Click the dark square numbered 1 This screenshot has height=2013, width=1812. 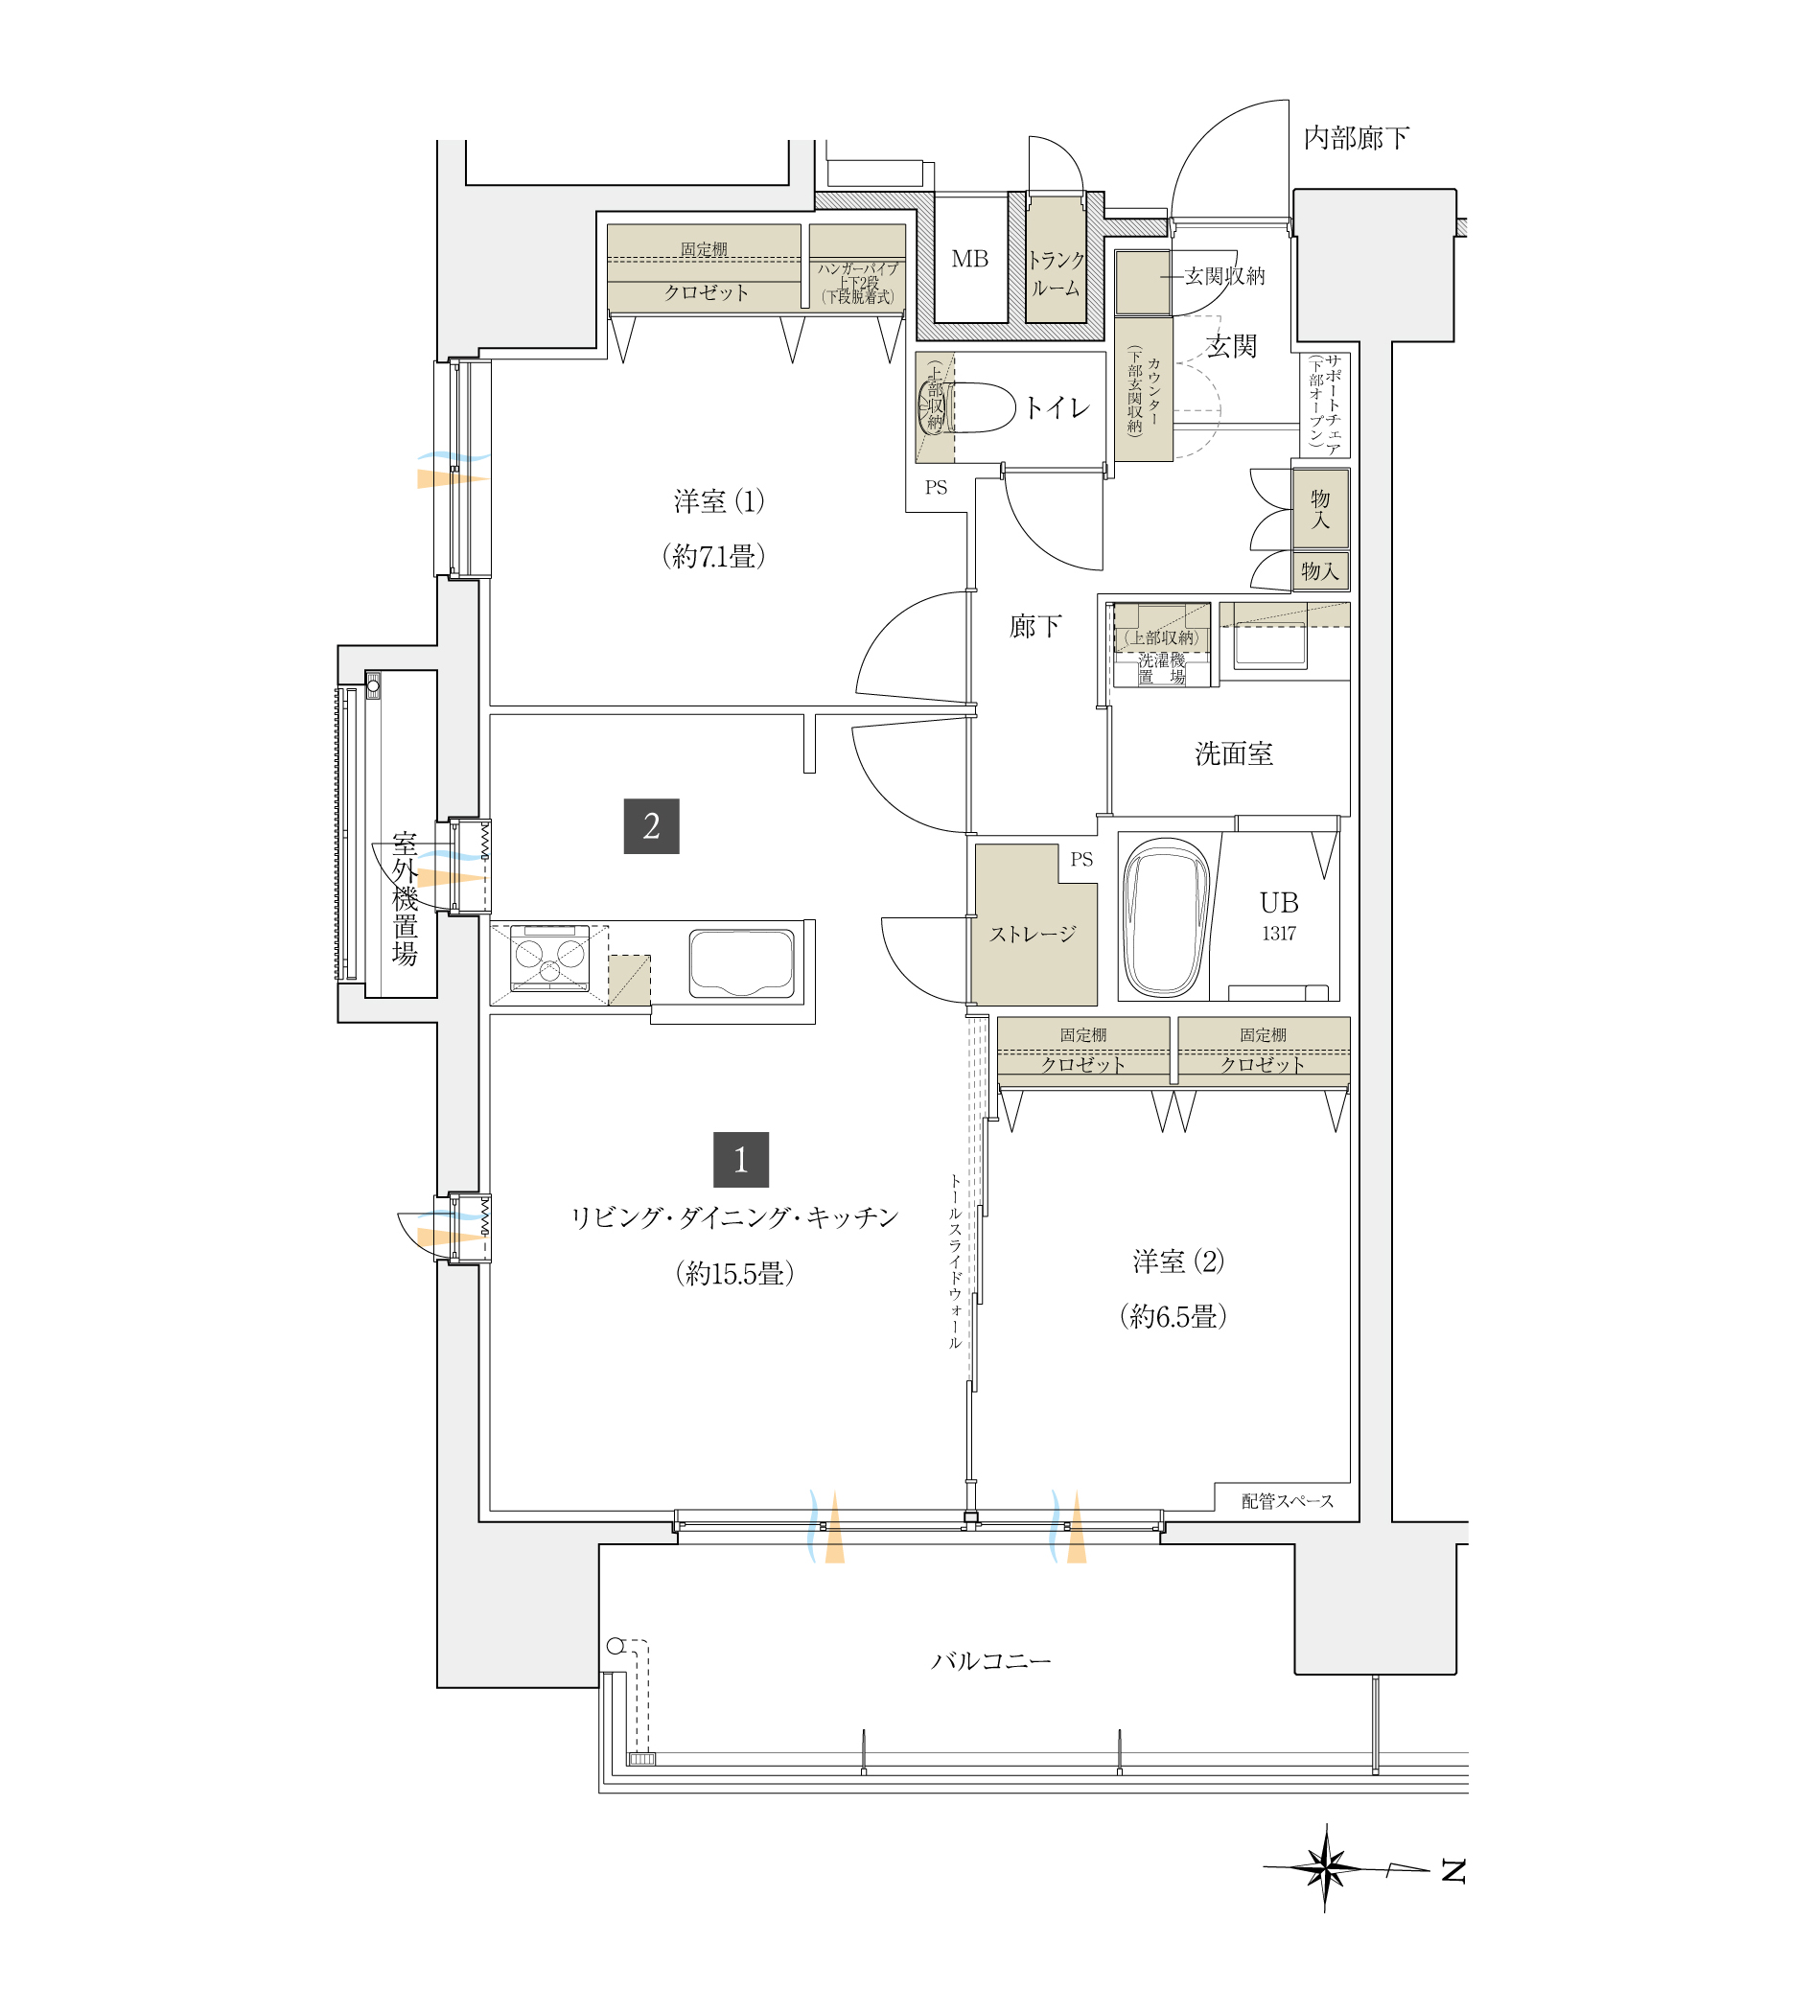(x=741, y=1159)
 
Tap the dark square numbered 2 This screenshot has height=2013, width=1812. (x=651, y=825)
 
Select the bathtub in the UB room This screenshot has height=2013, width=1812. (x=1165, y=917)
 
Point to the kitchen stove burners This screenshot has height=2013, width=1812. (x=549, y=958)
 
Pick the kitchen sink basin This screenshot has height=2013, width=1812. (x=742, y=962)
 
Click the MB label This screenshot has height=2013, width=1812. (x=969, y=259)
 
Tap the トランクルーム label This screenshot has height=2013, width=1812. (x=1056, y=274)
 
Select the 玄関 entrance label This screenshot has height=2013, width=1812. (x=1232, y=346)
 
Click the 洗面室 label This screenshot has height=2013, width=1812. (x=1234, y=753)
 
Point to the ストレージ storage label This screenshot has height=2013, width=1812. (x=1033, y=934)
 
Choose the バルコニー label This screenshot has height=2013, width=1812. (x=990, y=1660)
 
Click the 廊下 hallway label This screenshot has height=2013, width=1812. (x=1035, y=626)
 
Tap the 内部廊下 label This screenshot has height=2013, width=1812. (x=1356, y=138)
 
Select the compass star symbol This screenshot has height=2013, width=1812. (x=1325, y=1867)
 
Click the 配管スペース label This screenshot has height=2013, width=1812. (x=1288, y=1500)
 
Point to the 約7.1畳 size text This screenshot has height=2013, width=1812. (x=714, y=556)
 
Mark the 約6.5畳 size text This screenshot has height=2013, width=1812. (x=1173, y=1316)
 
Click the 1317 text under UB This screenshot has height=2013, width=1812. (x=1279, y=933)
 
